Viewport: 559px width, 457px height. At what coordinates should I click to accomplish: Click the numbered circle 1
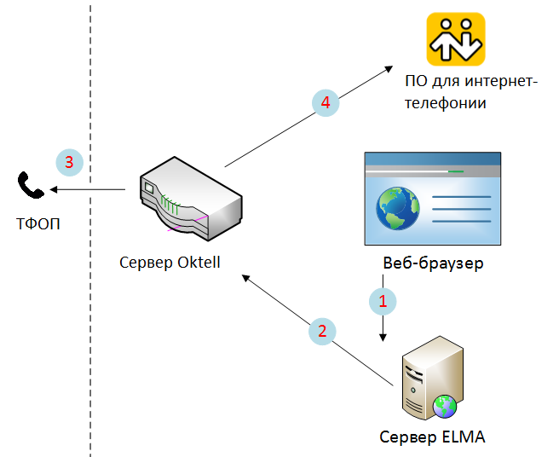pyautogui.click(x=383, y=300)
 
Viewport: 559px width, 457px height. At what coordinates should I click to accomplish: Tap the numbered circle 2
pyautogui.click(x=321, y=331)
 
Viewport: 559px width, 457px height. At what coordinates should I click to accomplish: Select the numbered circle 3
pyautogui.click(x=69, y=160)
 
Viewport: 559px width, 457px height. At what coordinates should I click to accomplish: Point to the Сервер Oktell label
pyautogui.click(x=170, y=262)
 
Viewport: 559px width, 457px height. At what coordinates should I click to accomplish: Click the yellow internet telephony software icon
pyautogui.click(x=456, y=40)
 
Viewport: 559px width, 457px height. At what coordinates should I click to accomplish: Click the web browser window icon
pyautogui.click(x=433, y=199)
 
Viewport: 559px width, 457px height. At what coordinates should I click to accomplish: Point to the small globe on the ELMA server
pyautogui.click(x=444, y=406)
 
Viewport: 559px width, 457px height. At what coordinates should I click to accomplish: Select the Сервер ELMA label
pyautogui.click(x=433, y=438)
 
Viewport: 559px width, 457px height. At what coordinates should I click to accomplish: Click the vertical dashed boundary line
pyautogui.click(x=90, y=256)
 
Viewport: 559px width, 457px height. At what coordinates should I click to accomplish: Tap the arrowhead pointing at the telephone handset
pyautogui.click(x=52, y=190)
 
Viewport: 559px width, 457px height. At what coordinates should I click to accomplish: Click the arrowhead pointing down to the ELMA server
pyautogui.click(x=383, y=338)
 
